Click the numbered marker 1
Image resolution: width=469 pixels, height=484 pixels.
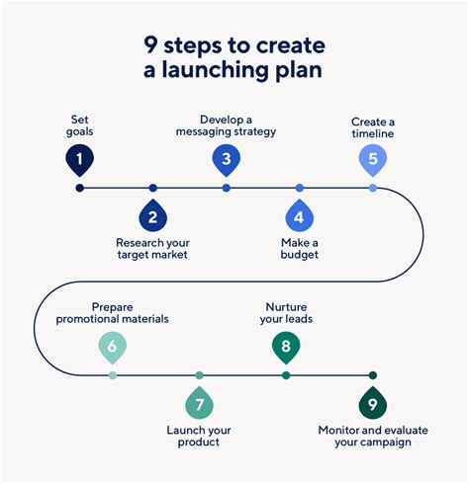coord(79,158)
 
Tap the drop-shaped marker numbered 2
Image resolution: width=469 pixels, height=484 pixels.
coord(152,216)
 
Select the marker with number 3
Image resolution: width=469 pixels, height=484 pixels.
coord(226,158)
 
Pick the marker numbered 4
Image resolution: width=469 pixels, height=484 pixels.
coord(300,216)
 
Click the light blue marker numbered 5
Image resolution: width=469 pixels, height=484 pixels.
coord(373,158)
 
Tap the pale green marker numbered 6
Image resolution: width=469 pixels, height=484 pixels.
coord(112,347)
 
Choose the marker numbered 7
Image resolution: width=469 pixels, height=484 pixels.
coord(199,404)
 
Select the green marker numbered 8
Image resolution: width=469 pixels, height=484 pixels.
coord(286,347)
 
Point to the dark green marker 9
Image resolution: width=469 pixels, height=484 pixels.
coord(373,404)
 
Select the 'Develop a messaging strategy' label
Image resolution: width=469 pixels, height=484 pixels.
coord(225,125)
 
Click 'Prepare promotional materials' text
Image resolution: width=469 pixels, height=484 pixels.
coord(113,313)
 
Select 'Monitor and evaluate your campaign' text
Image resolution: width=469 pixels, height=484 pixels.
coord(365,436)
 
